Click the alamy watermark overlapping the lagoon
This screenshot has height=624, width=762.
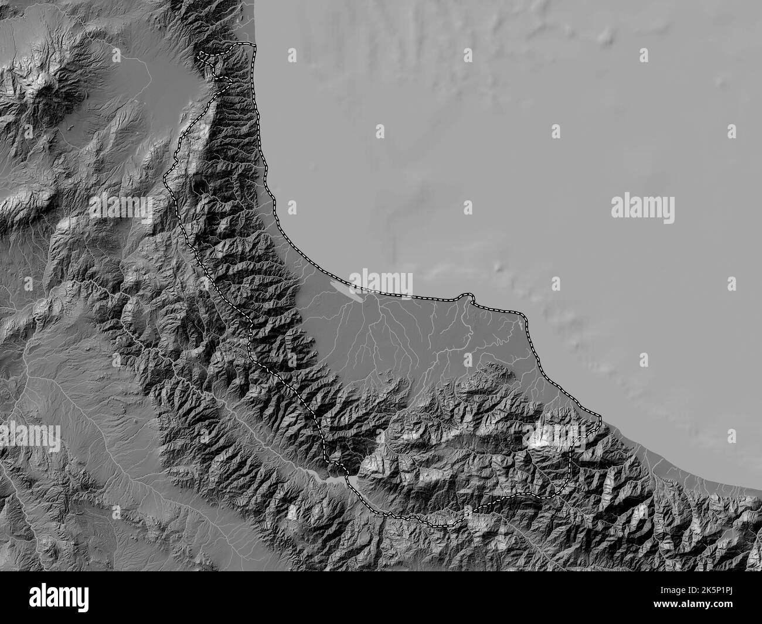click(x=381, y=282)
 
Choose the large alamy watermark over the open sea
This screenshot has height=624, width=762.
click(x=642, y=209)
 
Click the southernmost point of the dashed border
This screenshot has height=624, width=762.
click(x=445, y=526)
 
